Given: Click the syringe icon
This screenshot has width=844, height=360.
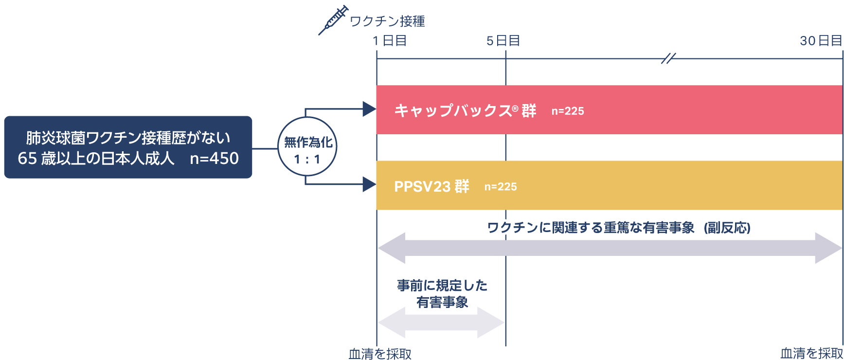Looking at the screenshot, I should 334,20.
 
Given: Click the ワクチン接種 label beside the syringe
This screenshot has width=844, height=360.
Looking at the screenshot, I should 387,21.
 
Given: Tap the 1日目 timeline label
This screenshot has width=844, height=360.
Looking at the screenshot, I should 390,41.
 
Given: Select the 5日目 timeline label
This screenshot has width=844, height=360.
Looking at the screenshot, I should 503,41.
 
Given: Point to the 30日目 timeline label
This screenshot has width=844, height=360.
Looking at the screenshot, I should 821,41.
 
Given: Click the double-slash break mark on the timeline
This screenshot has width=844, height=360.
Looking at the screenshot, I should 668,59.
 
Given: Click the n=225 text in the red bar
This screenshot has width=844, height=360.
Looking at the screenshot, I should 567,111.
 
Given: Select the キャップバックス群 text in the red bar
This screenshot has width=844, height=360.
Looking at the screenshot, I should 465,110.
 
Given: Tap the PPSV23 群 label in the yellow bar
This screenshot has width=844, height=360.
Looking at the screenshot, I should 431,186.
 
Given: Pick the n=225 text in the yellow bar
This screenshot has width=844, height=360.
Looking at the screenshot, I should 500,187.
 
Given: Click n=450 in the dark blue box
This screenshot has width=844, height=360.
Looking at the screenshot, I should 214,159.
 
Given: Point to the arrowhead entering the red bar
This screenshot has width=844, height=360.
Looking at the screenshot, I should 369,109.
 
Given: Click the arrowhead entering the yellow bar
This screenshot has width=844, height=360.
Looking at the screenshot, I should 369,184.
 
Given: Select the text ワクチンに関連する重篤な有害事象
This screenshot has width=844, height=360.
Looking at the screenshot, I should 591,228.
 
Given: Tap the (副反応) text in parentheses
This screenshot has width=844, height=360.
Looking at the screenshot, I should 727,228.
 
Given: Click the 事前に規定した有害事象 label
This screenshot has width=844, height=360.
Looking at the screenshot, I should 442,294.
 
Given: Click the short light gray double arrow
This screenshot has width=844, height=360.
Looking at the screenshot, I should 441,323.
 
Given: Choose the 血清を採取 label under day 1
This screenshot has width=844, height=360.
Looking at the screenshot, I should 380,354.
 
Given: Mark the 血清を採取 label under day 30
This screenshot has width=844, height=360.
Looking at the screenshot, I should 811,353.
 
